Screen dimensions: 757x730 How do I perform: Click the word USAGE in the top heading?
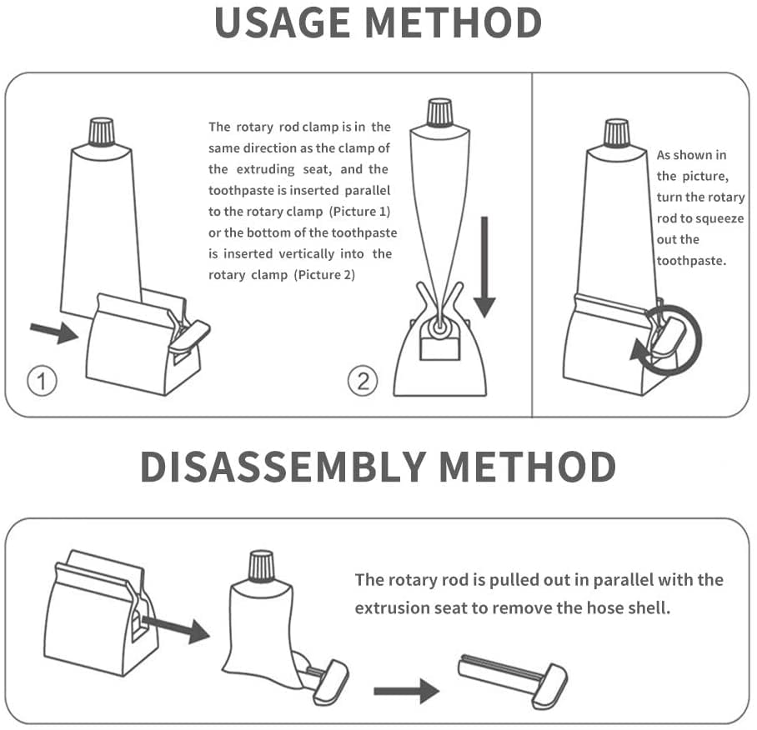point(282,22)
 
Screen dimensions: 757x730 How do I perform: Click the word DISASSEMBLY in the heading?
point(283,467)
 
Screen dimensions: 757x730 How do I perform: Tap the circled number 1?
point(42,381)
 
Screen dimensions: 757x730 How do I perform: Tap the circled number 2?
point(363,381)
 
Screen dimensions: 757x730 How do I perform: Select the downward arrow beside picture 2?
point(484,267)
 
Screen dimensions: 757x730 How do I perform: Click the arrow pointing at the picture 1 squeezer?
point(54,332)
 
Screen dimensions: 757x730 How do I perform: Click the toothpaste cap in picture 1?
point(102,131)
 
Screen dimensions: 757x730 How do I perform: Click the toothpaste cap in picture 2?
point(439,112)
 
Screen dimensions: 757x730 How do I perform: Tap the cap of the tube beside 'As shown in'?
point(616,133)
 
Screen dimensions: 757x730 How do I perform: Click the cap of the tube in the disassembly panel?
point(261,565)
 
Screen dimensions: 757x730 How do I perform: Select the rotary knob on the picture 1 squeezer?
point(188,334)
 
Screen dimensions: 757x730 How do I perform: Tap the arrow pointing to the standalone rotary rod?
point(406,692)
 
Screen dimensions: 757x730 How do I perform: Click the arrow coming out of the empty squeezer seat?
point(176,627)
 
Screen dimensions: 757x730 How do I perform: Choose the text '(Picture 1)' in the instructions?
point(359,212)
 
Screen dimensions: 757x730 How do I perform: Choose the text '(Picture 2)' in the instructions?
point(324,275)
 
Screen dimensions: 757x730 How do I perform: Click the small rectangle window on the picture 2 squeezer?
point(439,349)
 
